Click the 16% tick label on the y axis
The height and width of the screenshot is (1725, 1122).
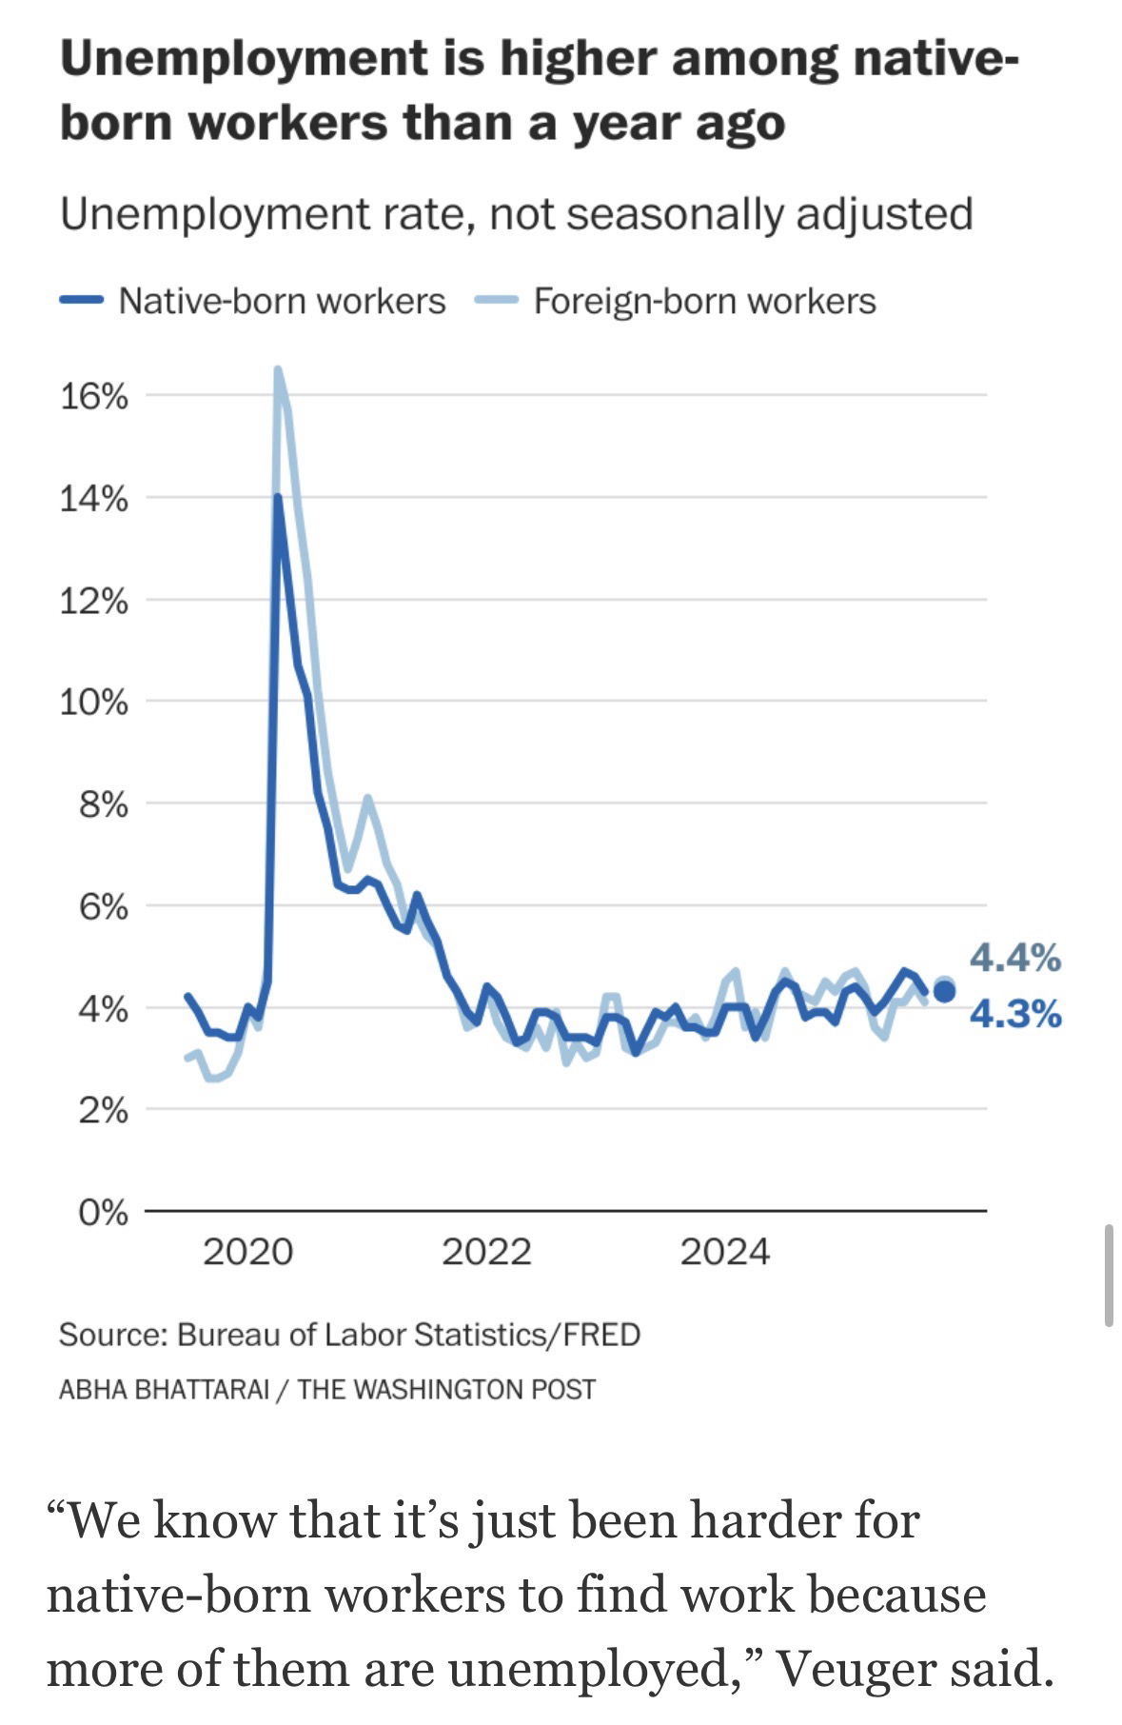[93, 396]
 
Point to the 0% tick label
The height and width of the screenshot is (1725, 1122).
[103, 1213]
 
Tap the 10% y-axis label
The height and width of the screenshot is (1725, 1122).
[93, 703]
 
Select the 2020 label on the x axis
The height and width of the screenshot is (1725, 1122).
[247, 1251]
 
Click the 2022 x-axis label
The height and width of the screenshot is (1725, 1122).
[486, 1251]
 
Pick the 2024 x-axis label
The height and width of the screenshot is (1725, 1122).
[725, 1251]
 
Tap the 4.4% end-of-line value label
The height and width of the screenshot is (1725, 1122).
[1015, 958]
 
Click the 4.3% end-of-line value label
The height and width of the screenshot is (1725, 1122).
[1015, 1015]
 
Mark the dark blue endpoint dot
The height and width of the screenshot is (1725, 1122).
[944, 992]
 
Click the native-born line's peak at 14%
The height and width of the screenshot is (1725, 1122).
[277, 497]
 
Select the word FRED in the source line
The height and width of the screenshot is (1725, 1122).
[601, 1334]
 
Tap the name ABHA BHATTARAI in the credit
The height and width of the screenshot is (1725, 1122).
[164, 1389]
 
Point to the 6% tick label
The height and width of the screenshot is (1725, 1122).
[103, 906]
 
